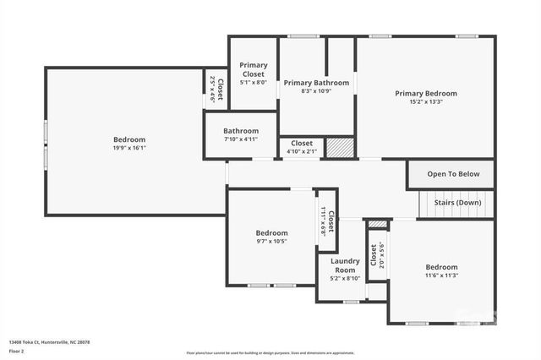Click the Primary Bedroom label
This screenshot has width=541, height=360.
425,93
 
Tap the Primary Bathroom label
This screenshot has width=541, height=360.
316,83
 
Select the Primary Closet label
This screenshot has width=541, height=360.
253,69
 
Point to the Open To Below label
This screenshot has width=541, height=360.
452,174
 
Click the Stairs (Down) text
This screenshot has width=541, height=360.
457,203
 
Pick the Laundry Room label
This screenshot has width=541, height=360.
344,265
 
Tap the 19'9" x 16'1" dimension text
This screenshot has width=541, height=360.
129,148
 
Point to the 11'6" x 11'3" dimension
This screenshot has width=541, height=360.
441,275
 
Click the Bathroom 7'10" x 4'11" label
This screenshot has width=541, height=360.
241,135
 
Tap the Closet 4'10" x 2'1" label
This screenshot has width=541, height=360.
302,147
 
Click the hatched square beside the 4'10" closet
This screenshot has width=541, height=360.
339,147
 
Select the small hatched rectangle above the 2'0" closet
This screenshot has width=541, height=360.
378,224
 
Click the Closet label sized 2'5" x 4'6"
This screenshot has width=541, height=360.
216,90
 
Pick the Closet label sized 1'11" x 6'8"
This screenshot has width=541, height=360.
328,221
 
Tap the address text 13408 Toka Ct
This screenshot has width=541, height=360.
49,342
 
